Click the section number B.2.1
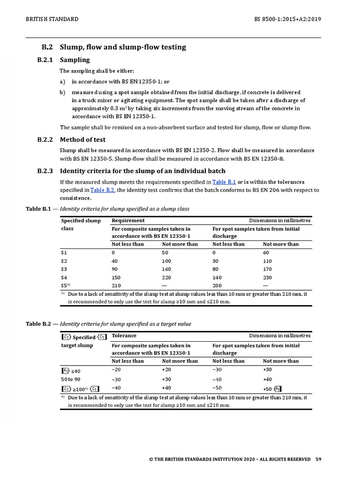(x=45, y=60)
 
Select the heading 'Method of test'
(x=82, y=140)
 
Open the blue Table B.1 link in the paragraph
(x=224, y=182)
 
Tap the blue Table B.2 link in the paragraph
(x=102, y=190)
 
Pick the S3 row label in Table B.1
(x=64, y=270)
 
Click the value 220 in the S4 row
(x=166, y=277)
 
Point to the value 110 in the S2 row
(x=267, y=261)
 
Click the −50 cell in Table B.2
(x=217, y=388)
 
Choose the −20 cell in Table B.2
(x=116, y=370)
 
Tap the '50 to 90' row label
(x=70, y=379)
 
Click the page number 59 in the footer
(x=318, y=459)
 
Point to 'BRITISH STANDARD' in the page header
(x=52, y=19)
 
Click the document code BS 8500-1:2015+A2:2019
(x=287, y=19)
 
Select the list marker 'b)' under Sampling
(x=62, y=92)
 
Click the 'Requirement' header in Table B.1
(x=128, y=220)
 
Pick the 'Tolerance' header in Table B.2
(x=124, y=336)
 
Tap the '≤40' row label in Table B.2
(x=75, y=371)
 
